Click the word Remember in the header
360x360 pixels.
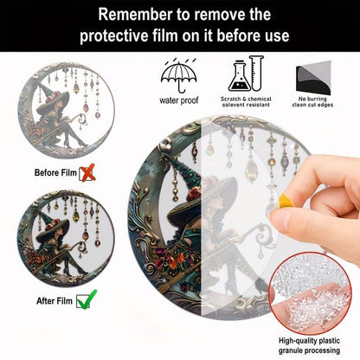point(134,15)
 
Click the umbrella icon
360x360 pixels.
point(179,75)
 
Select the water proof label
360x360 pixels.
point(179,100)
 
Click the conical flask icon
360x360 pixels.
point(239,76)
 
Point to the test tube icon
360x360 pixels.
point(256,74)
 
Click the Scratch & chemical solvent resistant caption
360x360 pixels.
point(246,102)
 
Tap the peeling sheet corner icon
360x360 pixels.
point(313,77)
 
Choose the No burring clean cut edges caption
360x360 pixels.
point(312,102)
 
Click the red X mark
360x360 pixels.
point(87,173)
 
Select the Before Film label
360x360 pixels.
point(55,173)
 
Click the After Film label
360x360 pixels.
point(55,301)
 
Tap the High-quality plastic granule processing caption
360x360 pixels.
point(309,345)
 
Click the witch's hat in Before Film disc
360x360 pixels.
point(52,100)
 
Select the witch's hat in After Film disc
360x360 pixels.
point(52,227)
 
